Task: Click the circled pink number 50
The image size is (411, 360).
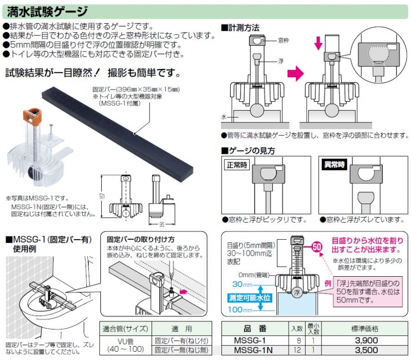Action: pyautogui.click(x=317, y=246)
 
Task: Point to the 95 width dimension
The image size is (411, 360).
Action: pyautogui.click(x=163, y=224)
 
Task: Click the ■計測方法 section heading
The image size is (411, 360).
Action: pyautogui.click(x=240, y=26)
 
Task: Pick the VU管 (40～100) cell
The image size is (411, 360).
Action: pyautogui.click(x=124, y=345)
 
